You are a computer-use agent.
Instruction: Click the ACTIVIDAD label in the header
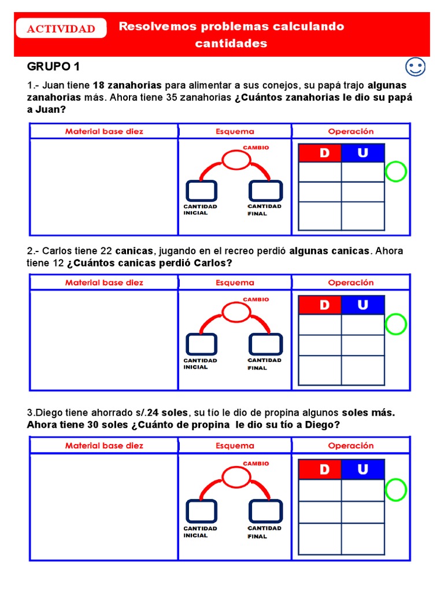(x=61, y=29)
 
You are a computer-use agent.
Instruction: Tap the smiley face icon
(x=416, y=67)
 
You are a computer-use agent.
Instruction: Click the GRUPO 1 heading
(x=54, y=66)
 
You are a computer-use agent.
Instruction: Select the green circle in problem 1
(x=396, y=172)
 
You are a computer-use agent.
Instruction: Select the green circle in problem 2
(x=396, y=324)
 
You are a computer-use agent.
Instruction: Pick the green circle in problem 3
(x=396, y=489)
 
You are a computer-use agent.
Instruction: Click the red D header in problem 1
(x=320, y=153)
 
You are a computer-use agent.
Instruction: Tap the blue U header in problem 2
(x=362, y=305)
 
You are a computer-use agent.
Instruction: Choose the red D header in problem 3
(x=320, y=469)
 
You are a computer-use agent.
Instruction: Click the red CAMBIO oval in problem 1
(x=236, y=160)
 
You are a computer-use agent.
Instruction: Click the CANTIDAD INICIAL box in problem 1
(x=201, y=191)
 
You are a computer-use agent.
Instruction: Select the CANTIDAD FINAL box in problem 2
(x=265, y=345)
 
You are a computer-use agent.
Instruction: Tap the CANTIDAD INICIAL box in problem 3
(x=201, y=511)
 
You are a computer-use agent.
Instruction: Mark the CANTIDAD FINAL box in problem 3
(x=265, y=511)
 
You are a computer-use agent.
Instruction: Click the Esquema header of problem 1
(x=235, y=131)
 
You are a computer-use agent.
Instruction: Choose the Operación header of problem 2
(x=351, y=283)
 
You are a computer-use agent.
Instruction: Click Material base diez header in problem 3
(x=104, y=446)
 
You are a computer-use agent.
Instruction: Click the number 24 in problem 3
(x=153, y=413)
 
